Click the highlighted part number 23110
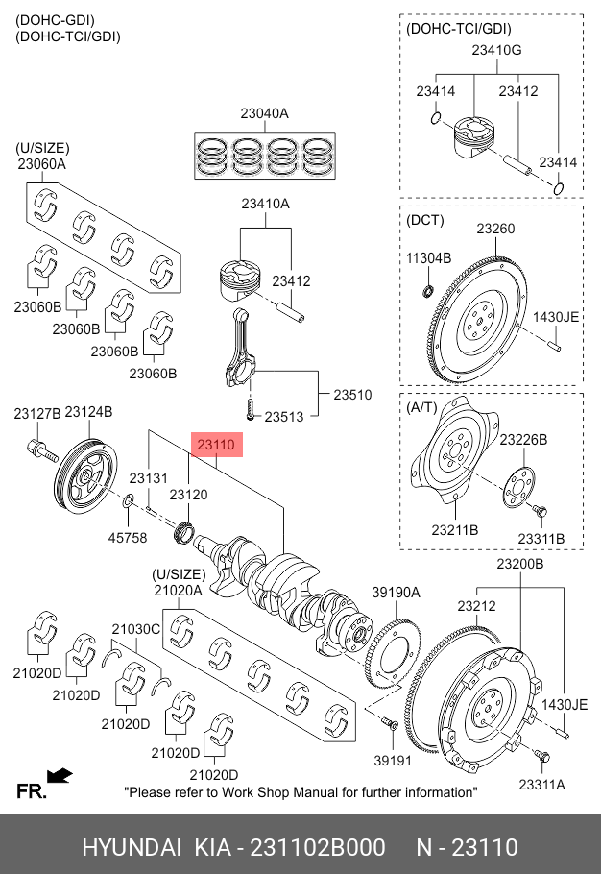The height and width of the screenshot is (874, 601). (x=217, y=445)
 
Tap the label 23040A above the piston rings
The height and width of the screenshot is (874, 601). (x=264, y=113)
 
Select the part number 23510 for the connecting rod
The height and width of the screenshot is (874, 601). (x=352, y=395)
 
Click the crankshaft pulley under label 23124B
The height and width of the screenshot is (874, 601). (x=84, y=477)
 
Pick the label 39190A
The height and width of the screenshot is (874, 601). (x=397, y=593)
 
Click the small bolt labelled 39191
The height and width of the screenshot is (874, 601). (x=389, y=722)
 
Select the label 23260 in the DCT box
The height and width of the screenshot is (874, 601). (x=495, y=229)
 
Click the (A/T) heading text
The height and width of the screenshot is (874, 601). (x=422, y=407)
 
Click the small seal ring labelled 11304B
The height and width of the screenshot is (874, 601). (x=429, y=291)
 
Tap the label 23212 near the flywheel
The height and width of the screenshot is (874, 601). (x=476, y=606)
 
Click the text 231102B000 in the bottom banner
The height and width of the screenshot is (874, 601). (x=318, y=847)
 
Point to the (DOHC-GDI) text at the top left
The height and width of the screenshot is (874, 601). (x=55, y=20)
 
